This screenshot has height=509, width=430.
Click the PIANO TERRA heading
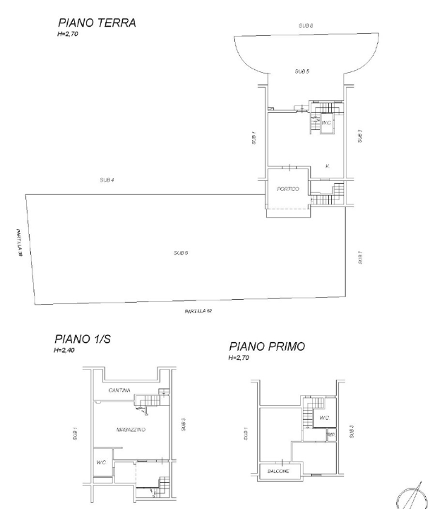click(x=97, y=24)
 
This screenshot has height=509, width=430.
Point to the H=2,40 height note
click(x=66, y=351)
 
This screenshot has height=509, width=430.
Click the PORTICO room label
click(x=288, y=189)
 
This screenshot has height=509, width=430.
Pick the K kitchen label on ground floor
click(x=327, y=166)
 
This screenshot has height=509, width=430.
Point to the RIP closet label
click(x=330, y=434)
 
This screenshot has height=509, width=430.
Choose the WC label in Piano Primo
click(x=323, y=418)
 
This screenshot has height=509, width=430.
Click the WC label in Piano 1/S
click(x=101, y=463)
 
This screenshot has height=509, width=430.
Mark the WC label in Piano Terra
click(x=326, y=123)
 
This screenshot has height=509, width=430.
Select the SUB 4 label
click(x=107, y=180)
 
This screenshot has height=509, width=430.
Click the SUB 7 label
click(x=360, y=257)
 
